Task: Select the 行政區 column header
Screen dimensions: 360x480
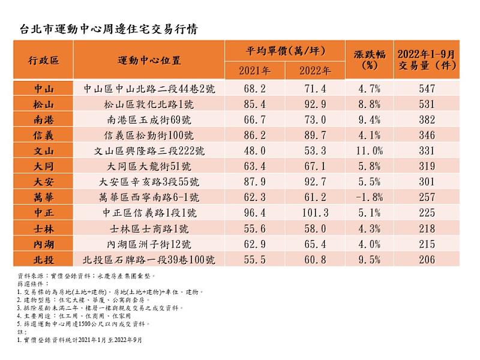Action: click(43, 61)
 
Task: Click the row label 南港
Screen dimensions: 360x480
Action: click(43, 119)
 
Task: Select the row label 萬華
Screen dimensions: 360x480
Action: click(43, 197)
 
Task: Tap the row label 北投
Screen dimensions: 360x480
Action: click(43, 259)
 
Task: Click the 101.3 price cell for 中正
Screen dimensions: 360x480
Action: click(316, 212)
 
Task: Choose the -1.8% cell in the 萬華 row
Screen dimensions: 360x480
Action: click(369, 197)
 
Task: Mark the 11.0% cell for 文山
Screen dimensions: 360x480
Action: click(369, 151)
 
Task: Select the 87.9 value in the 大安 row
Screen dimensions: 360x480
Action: click(254, 181)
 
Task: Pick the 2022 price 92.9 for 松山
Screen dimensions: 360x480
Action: click(316, 104)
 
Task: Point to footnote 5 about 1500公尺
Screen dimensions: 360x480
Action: click(84, 323)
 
